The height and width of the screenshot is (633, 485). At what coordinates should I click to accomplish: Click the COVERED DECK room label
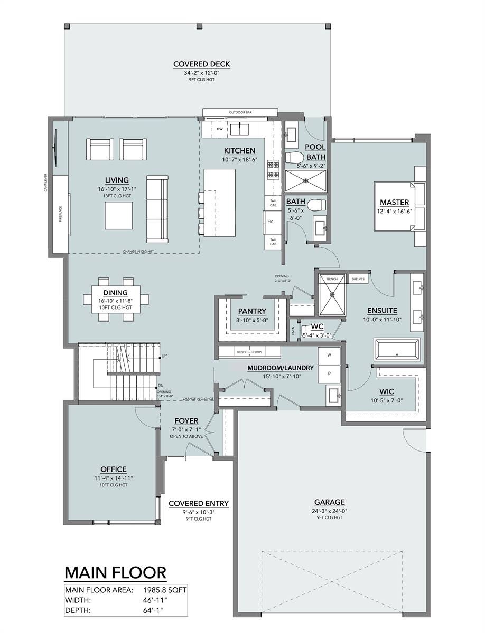(x=202, y=64)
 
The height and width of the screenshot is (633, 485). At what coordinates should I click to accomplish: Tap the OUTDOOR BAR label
(x=240, y=112)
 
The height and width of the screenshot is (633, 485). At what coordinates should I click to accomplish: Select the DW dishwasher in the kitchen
(x=220, y=129)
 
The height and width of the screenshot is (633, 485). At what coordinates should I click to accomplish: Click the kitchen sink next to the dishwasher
(x=240, y=129)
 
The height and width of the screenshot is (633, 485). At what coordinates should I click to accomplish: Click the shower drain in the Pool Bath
(x=305, y=181)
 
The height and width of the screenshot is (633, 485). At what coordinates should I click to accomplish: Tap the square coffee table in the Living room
(x=119, y=215)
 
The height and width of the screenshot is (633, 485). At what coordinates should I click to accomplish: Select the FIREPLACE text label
(x=61, y=214)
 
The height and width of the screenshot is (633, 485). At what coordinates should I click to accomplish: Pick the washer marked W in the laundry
(x=329, y=356)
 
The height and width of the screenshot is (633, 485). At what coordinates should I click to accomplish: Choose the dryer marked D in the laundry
(x=329, y=373)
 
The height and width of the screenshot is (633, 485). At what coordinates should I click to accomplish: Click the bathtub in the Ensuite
(x=397, y=349)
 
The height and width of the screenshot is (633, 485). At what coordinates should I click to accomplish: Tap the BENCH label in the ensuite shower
(x=332, y=279)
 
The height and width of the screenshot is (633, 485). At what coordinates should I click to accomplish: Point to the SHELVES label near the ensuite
(x=358, y=279)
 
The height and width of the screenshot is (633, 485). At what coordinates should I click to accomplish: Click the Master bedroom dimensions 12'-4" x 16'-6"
(x=394, y=211)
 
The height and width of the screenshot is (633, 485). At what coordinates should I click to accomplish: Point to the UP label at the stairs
(x=164, y=356)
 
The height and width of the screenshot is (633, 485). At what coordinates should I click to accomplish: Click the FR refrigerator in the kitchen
(x=270, y=222)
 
